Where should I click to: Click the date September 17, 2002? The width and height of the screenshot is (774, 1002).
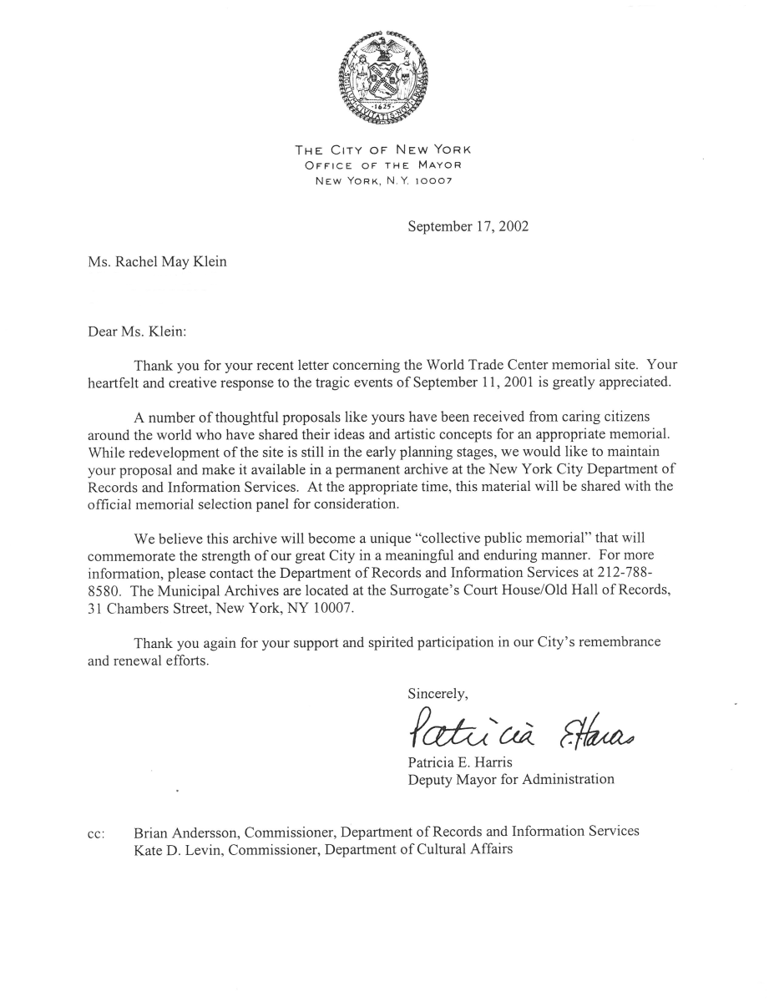[468, 226]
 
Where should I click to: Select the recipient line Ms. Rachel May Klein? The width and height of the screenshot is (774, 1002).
[157, 262]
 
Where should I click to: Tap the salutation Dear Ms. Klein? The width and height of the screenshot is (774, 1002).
[137, 331]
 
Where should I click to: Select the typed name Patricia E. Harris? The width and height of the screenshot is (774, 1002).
[460, 762]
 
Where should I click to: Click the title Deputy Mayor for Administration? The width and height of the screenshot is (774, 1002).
[510, 779]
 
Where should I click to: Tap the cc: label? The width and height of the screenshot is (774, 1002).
[96, 833]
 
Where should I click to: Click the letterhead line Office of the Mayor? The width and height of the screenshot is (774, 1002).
[383, 165]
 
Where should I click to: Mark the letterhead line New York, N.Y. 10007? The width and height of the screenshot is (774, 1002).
[383, 180]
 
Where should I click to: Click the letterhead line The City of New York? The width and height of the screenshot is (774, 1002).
[383, 150]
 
